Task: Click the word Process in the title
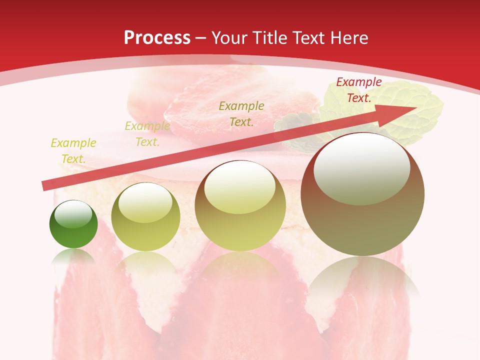click(x=157, y=38)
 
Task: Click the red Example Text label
click(x=358, y=90)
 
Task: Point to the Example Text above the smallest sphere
click(x=73, y=151)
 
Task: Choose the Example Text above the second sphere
click(x=147, y=134)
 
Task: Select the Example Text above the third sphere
click(x=241, y=113)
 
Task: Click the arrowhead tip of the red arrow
click(x=415, y=107)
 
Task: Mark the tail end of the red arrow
click(x=44, y=186)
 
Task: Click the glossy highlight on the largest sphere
click(x=361, y=167)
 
